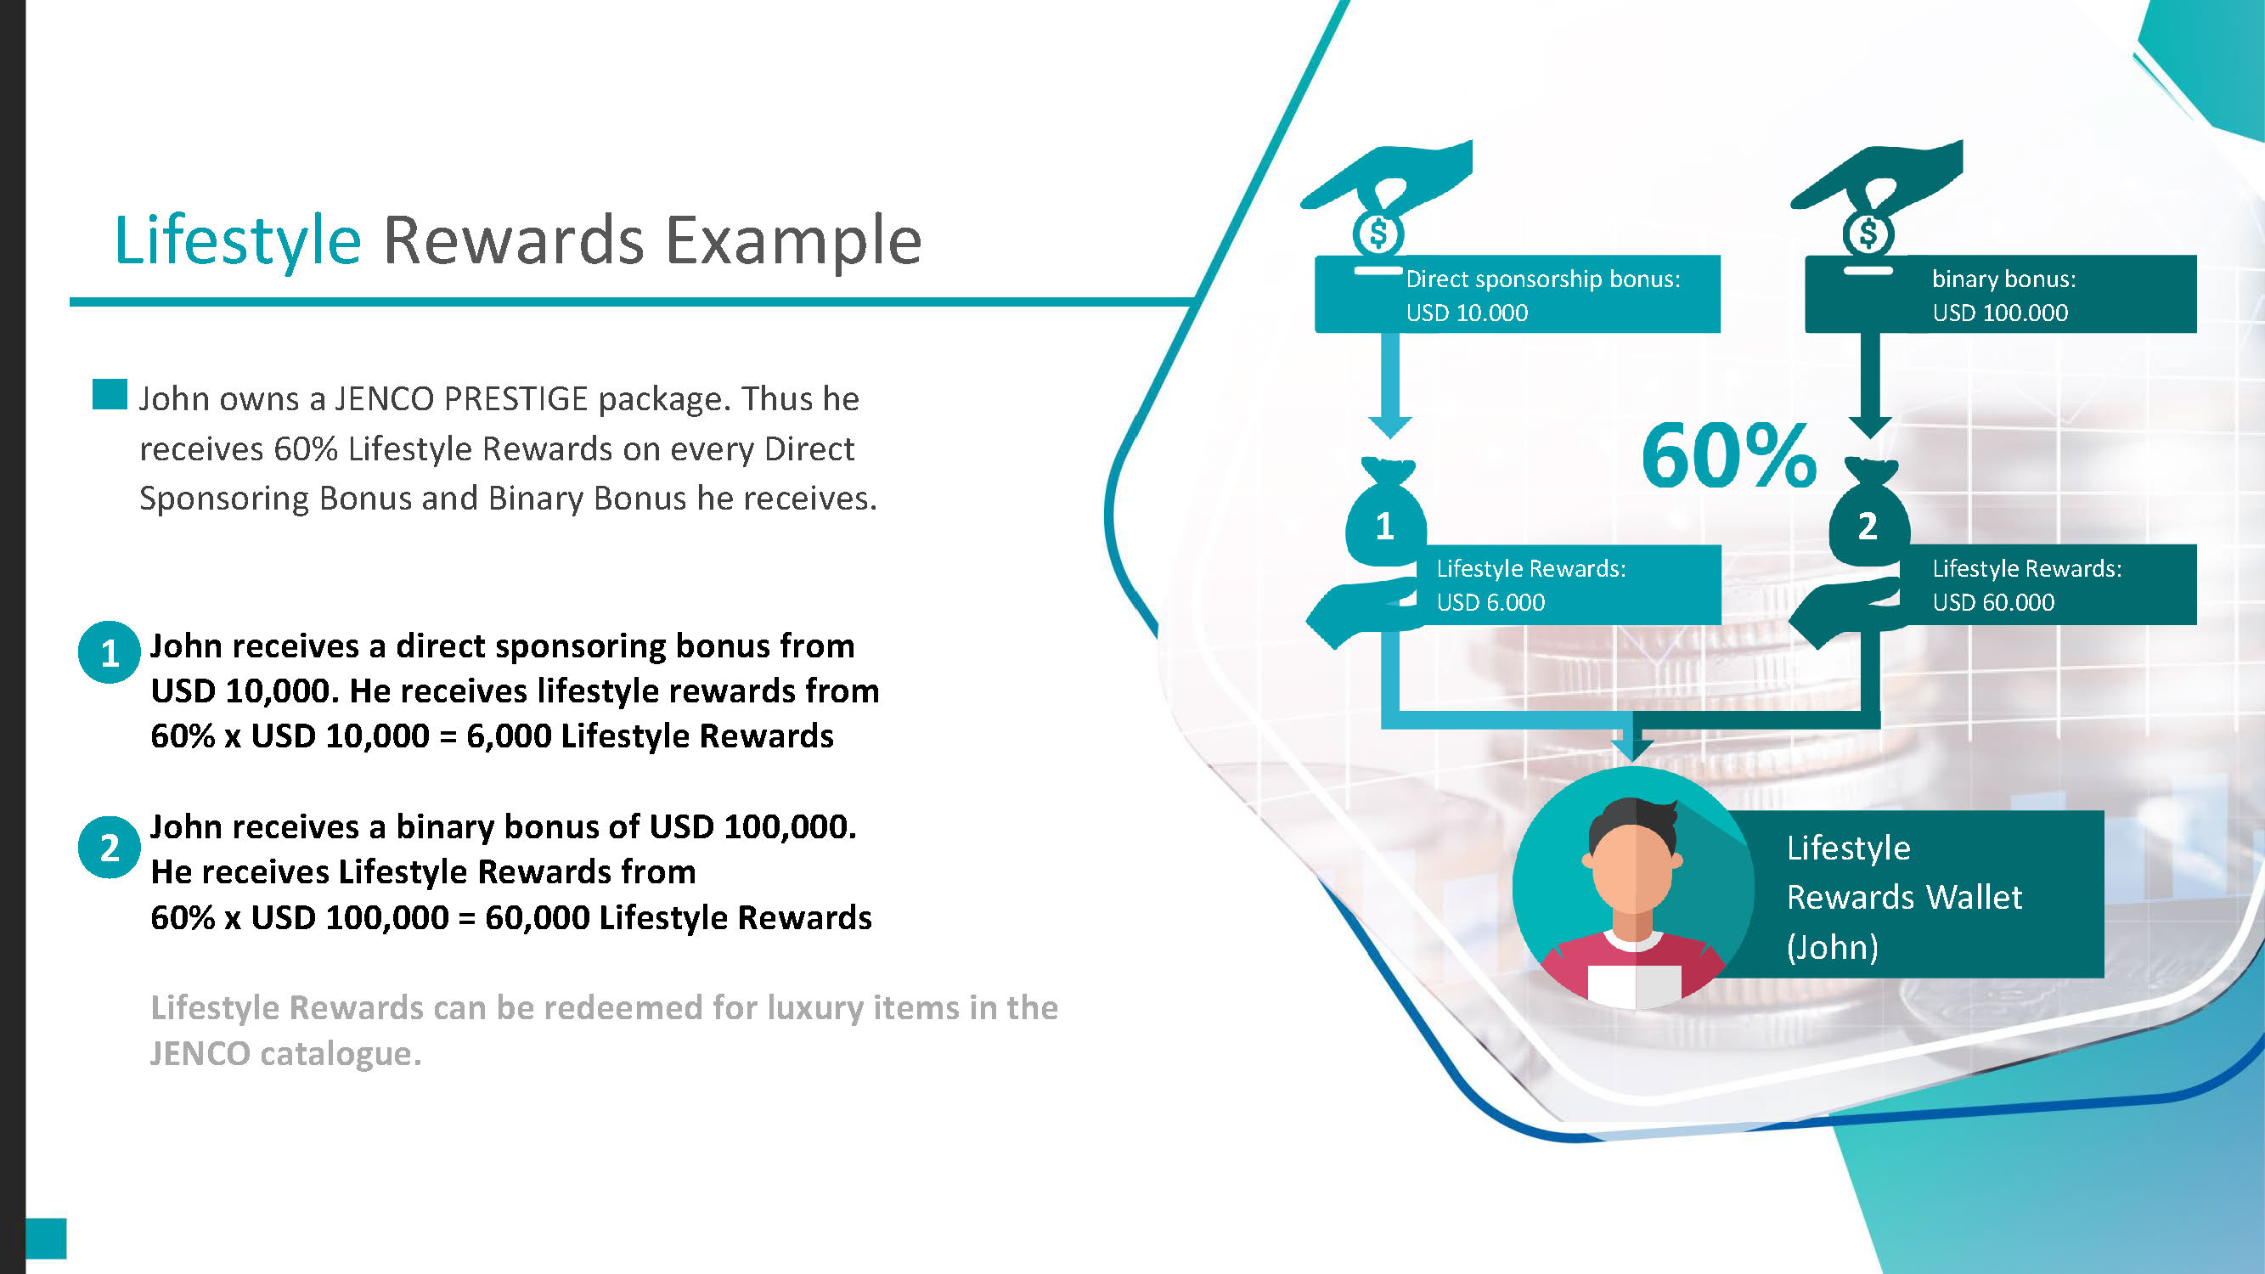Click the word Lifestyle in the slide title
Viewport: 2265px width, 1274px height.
[238, 241]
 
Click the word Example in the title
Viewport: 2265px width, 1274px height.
[793, 241]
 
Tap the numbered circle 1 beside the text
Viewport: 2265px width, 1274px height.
[109, 652]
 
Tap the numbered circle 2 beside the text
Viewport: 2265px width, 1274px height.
[109, 848]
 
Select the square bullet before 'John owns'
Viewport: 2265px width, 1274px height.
[110, 395]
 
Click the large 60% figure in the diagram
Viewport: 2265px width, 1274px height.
[1728, 455]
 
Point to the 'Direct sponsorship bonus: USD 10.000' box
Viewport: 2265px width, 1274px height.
[1518, 295]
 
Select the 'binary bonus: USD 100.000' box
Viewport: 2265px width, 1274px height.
[2001, 295]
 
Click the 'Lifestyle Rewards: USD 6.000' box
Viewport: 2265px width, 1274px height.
[1569, 584]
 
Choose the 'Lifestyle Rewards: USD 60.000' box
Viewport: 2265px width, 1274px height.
[2048, 584]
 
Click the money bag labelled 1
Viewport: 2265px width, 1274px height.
[1386, 515]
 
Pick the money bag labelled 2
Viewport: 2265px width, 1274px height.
[1869, 515]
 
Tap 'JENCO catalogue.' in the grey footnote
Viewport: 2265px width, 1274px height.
[285, 1053]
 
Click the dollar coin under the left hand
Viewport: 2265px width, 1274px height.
[1378, 234]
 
